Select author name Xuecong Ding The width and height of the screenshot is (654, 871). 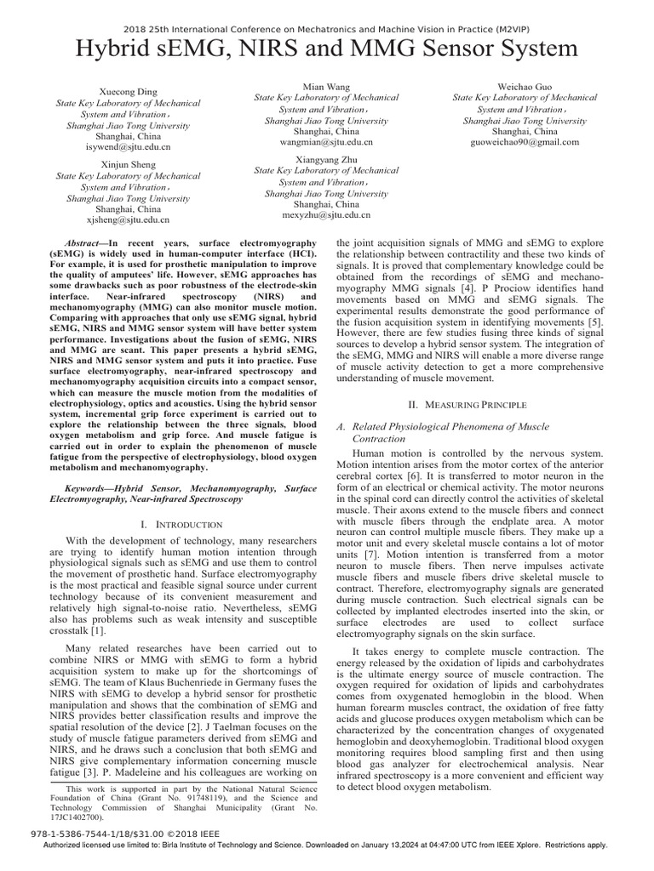click(x=129, y=92)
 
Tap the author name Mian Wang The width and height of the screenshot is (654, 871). click(x=326, y=87)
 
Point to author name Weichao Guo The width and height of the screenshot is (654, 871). click(x=525, y=87)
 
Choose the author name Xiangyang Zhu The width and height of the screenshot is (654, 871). click(x=326, y=159)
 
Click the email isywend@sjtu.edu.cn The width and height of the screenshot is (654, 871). click(x=129, y=146)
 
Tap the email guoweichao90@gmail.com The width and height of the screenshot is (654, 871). click(x=525, y=142)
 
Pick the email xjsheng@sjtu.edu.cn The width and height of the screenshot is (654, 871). click(x=129, y=219)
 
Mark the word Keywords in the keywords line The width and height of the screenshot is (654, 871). click(x=90, y=489)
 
